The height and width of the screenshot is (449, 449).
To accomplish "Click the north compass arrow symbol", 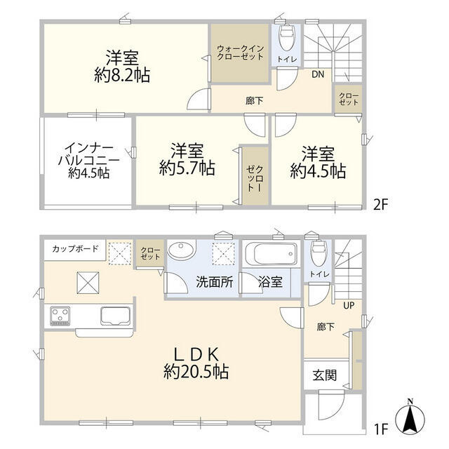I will (410, 420).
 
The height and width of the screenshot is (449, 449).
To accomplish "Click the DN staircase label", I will (316, 74).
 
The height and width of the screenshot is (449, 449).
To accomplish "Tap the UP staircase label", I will (348, 305).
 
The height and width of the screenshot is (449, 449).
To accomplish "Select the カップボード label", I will (74, 249).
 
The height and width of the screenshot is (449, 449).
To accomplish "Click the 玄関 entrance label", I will (323, 375).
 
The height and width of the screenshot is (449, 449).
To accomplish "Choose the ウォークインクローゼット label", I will (240, 53).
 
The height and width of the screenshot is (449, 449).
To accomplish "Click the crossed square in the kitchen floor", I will (89, 284).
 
